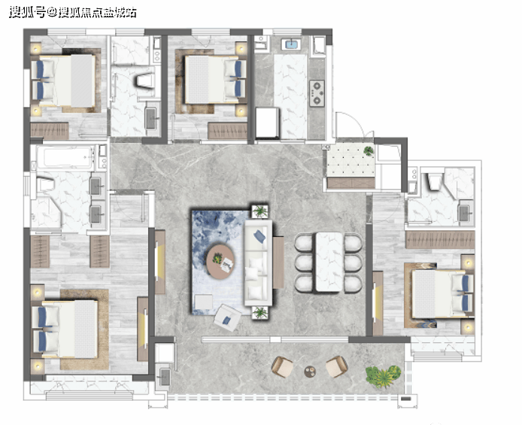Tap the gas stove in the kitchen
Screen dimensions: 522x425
click(317, 93)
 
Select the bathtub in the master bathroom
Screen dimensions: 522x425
click(64, 157)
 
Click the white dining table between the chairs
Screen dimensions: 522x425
click(329, 262)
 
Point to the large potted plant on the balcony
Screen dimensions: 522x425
click(383, 375)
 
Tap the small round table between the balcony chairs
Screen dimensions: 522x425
click(311, 372)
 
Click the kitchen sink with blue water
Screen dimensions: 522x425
click(291, 44)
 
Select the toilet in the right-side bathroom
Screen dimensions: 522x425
click(436, 182)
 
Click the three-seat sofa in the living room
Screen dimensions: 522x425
click(259, 263)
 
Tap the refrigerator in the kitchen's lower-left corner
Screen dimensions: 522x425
click(267, 123)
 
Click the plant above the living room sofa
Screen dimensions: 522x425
click(259, 211)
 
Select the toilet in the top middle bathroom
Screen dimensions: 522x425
click(146, 81)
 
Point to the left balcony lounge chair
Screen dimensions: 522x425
click(281, 366)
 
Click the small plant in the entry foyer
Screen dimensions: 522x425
click(369, 150)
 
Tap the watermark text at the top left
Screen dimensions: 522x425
click(73, 13)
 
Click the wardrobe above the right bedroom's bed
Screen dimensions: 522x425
click(440, 240)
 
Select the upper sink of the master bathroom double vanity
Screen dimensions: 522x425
click(96, 186)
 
